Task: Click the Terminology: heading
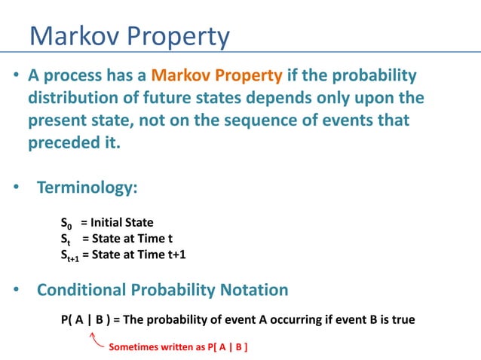tap(87, 188)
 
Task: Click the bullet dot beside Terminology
tap(17, 188)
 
